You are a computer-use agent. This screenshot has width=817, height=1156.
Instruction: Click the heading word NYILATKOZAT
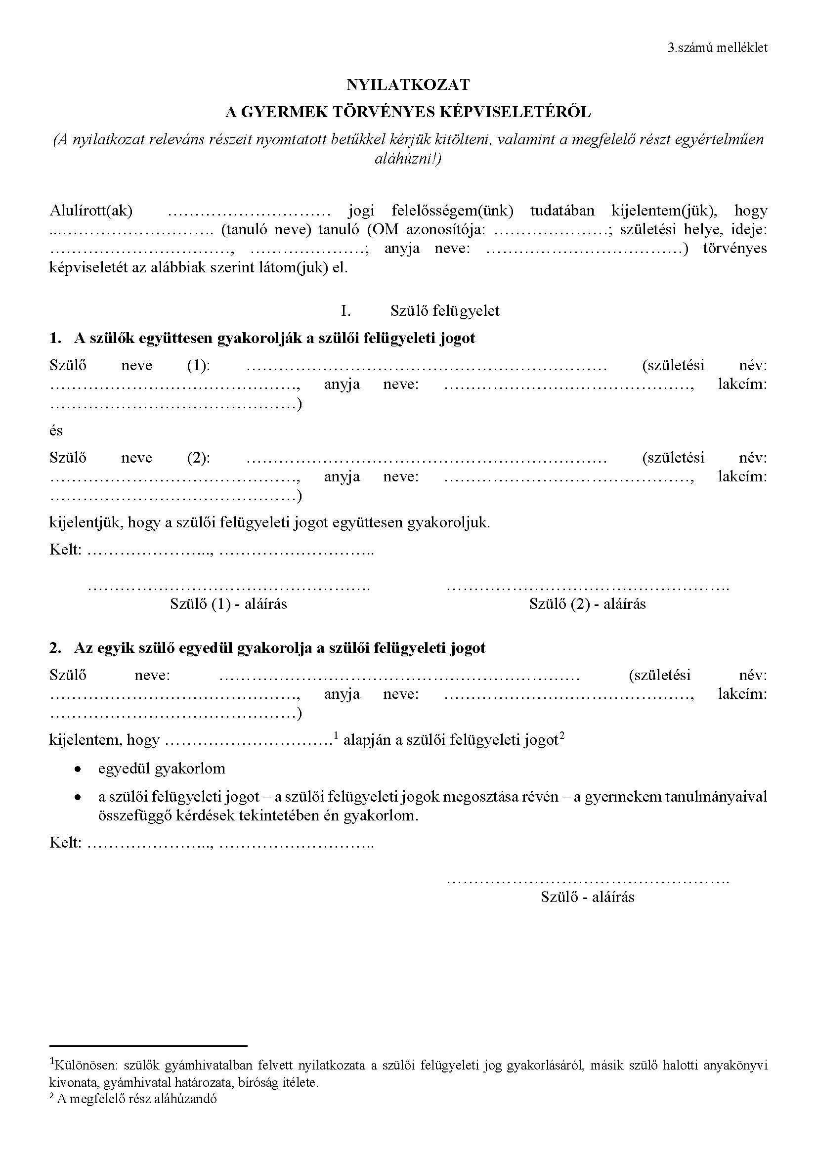[408, 85]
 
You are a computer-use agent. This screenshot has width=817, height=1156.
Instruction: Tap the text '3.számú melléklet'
[717, 48]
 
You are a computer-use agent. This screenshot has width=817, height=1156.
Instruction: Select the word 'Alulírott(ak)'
[91, 211]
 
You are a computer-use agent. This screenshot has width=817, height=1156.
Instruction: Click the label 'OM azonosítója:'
[435, 230]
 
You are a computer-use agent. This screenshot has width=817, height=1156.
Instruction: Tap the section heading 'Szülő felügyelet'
[445, 311]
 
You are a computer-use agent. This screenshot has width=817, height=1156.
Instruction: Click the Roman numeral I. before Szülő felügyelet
[345, 311]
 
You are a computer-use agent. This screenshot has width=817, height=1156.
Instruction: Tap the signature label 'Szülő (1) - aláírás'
[228, 603]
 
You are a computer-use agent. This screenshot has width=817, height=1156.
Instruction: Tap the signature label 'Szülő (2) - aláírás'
[588, 603]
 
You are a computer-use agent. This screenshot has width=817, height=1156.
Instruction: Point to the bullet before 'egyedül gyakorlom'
[78, 770]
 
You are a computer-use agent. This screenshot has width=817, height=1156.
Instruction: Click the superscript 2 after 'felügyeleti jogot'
[562, 736]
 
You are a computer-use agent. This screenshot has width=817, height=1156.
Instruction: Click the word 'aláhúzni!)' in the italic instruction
[408, 159]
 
